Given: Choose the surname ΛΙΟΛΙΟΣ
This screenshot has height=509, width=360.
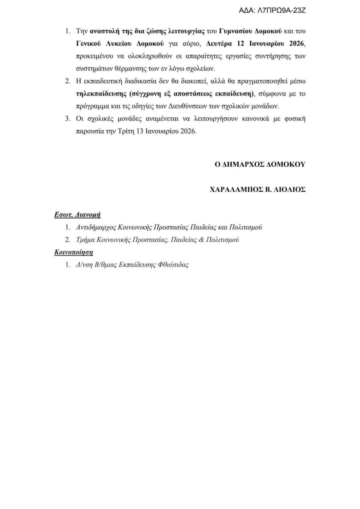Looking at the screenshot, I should tap(290, 190).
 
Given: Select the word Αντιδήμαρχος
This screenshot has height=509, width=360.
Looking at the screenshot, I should tap(97, 227).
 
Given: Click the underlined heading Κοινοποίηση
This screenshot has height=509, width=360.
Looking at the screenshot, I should tap(74, 252).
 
